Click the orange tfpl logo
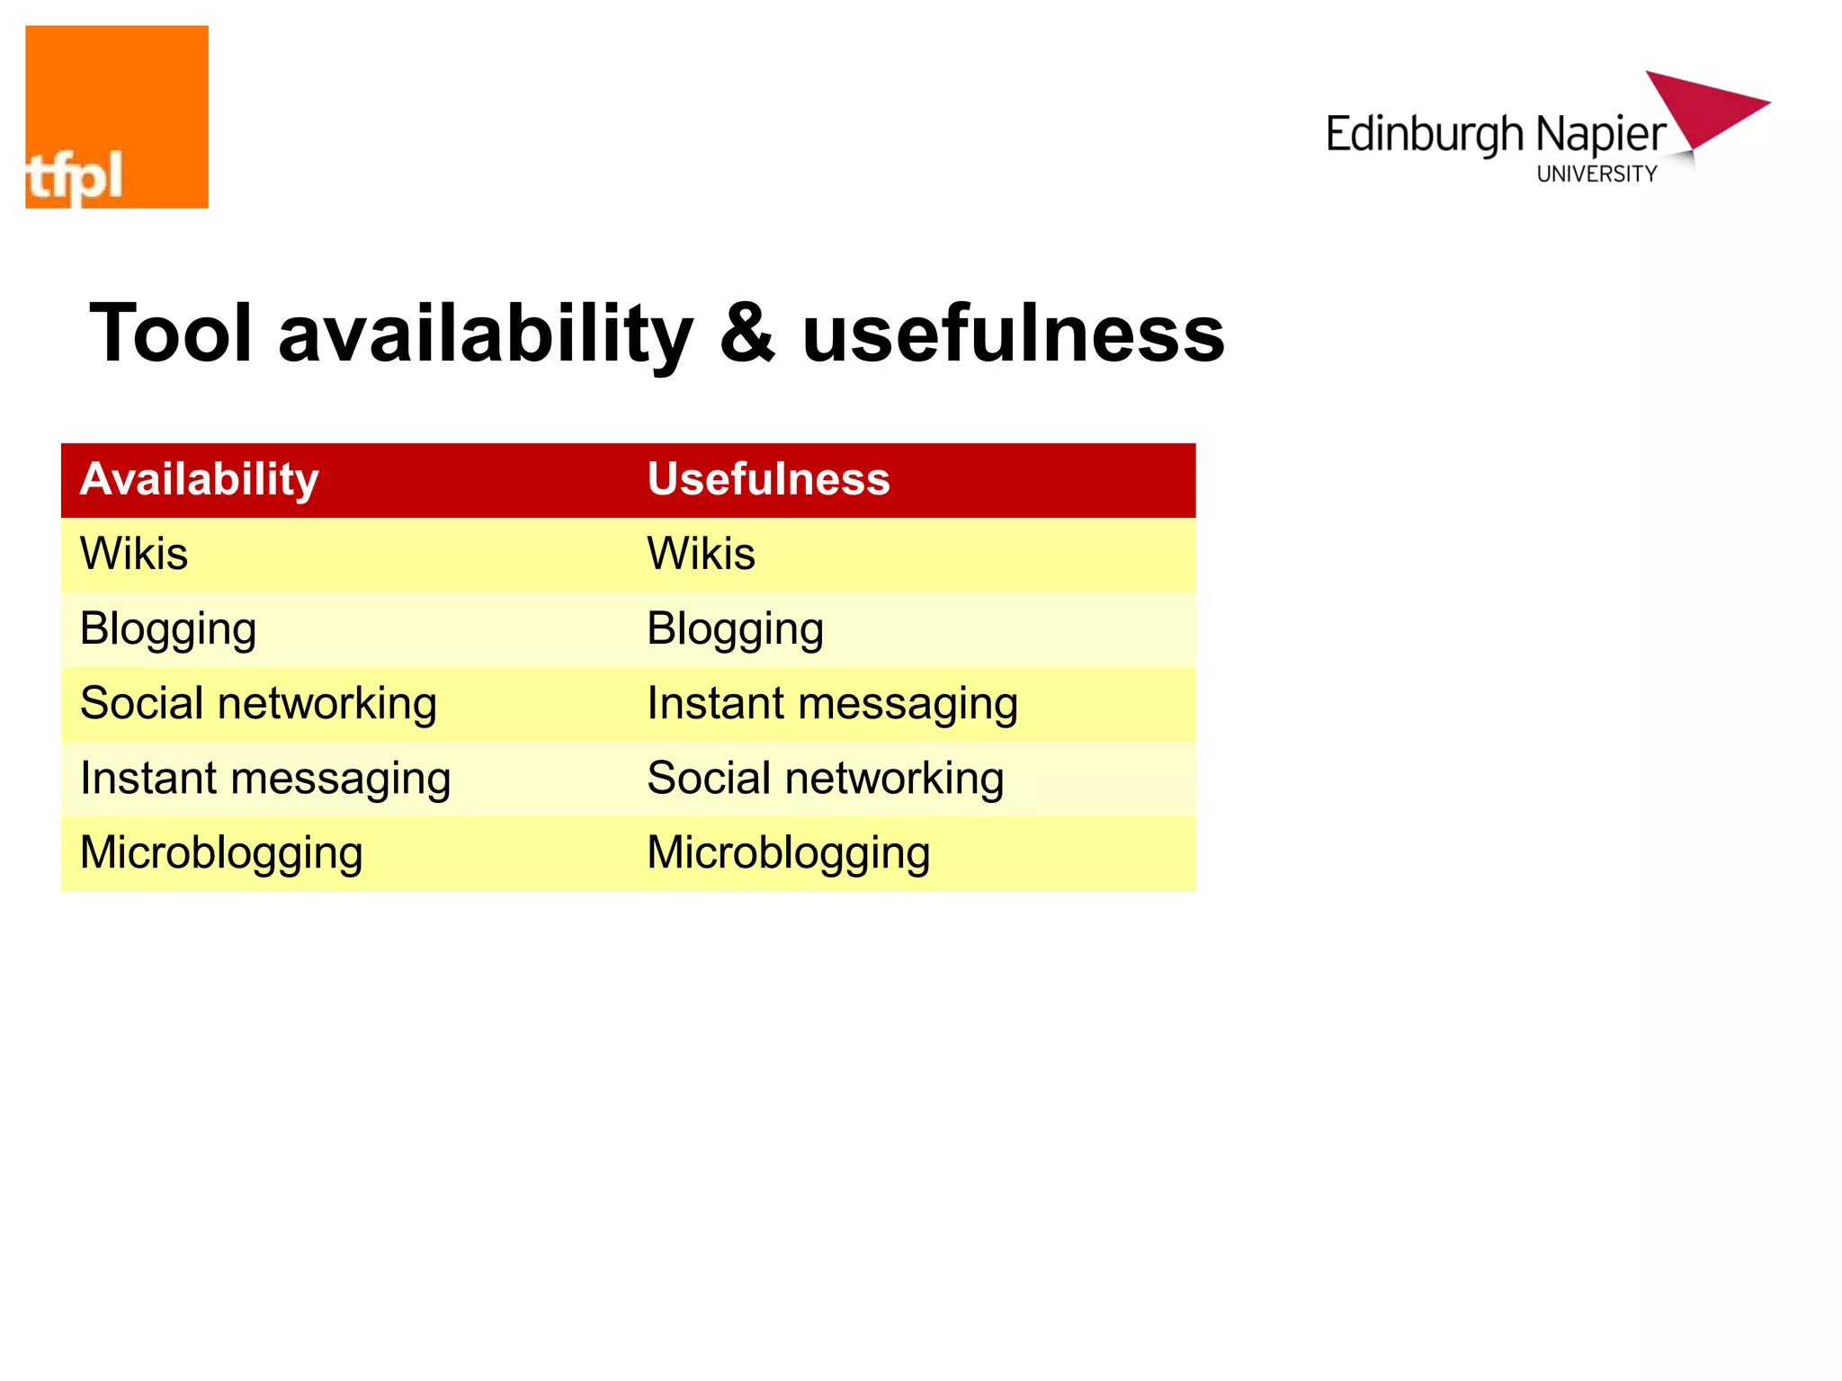coord(117,117)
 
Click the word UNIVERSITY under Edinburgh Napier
coord(1596,174)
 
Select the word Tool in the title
coord(171,334)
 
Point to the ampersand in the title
coord(747,334)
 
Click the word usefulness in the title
coord(1013,334)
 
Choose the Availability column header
coord(199,479)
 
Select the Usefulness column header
coord(768,479)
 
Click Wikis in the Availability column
coord(134,554)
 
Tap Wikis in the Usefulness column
coord(701,554)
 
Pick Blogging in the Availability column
coord(168,629)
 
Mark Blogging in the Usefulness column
coord(735,629)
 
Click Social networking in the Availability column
coord(258,704)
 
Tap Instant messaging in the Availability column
coord(265,780)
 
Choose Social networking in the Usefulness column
coord(825,779)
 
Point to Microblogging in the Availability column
coord(221,854)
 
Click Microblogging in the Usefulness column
coord(788,854)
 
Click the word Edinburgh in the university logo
coord(1425,135)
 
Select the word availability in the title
coord(486,334)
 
